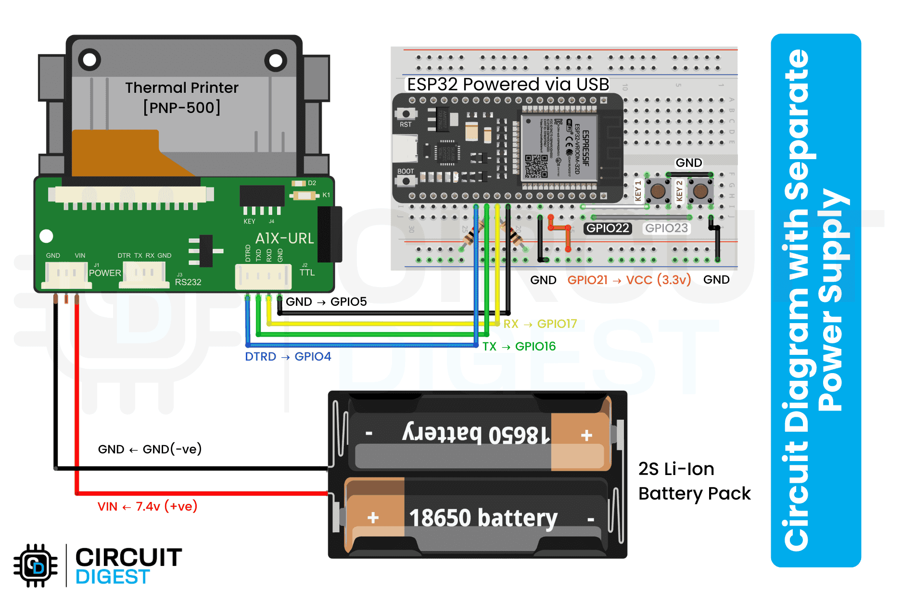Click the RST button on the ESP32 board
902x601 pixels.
pyautogui.click(x=406, y=114)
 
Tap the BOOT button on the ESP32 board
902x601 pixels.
pyautogui.click(x=406, y=181)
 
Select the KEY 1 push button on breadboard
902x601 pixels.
pyautogui.click(x=658, y=190)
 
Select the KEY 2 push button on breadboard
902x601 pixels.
pyautogui.click(x=700, y=190)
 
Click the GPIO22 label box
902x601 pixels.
pyautogui.click(x=608, y=228)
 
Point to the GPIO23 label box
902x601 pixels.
pyautogui.click(x=666, y=228)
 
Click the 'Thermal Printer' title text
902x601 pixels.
pyautogui.click(x=182, y=88)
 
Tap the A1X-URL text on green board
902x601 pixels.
pyautogui.click(x=284, y=238)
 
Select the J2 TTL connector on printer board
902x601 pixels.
pyautogui.click(x=263, y=277)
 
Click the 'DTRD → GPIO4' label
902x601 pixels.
pyautogui.click(x=288, y=357)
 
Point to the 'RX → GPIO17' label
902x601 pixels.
pyautogui.click(x=540, y=324)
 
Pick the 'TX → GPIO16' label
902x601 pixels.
pyautogui.click(x=519, y=347)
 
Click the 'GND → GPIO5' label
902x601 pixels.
pyautogui.click(x=326, y=302)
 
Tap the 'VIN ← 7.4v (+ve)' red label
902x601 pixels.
pyautogui.click(x=147, y=507)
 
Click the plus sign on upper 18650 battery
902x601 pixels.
pyautogui.click(x=586, y=436)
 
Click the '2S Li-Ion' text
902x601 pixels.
pyautogui.click(x=676, y=469)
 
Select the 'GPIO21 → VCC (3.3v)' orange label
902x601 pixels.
pyautogui.click(x=629, y=280)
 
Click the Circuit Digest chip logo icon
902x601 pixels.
pyautogui.click(x=36, y=566)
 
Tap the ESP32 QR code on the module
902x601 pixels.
pyautogui.click(x=536, y=166)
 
